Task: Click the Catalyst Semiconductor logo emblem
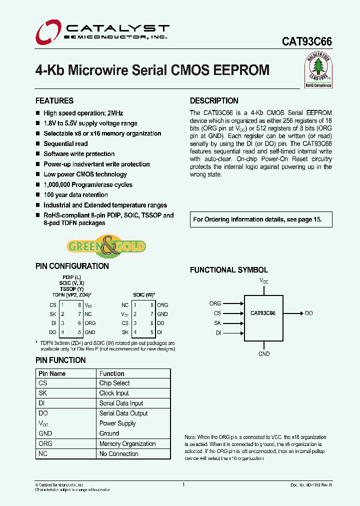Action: [x=47, y=31]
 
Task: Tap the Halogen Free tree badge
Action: [x=318, y=70]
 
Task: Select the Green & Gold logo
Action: [x=106, y=246]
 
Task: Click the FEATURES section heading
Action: [x=54, y=100]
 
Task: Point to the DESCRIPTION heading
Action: [x=214, y=100]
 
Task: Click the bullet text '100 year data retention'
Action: [x=75, y=195]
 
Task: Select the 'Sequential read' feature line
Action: [x=65, y=143]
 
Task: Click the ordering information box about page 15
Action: [x=257, y=219]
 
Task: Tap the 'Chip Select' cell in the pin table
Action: [x=114, y=383]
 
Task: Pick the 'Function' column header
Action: [x=111, y=373]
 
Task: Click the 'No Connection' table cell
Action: [x=118, y=454]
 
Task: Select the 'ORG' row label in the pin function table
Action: [x=45, y=443]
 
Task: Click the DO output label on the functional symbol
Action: [x=308, y=313]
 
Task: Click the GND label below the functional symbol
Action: [x=264, y=354]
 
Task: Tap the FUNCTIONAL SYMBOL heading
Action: [x=229, y=270]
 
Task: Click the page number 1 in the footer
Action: [x=184, y=484]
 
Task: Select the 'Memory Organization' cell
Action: [x=127, y=443]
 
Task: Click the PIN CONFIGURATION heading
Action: [x=72, y=266]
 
